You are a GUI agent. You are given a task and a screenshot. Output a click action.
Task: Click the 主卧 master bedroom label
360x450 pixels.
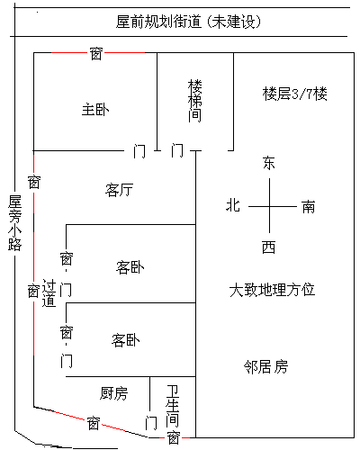point(95,110)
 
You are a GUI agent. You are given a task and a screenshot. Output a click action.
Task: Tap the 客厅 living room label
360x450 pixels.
point(119,190)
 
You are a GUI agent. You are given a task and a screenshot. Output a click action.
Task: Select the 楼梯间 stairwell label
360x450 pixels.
point(195,101)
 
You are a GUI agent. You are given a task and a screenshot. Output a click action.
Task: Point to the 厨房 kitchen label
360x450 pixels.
point(113,393)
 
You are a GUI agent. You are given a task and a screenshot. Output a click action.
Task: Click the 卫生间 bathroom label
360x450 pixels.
point(173,406)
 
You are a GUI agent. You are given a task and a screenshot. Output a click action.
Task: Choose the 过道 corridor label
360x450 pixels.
point(49,293)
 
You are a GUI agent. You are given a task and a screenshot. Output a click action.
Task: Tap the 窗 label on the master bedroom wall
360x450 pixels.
point(96,54)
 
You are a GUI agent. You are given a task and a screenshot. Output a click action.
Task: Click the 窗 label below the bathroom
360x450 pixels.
point(174,437)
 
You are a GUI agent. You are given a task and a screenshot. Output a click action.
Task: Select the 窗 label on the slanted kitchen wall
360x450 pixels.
point(94,423)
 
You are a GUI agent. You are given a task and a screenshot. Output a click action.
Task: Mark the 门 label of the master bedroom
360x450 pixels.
point(139,150)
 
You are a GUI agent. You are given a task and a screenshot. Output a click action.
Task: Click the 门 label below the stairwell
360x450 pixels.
point(177,150)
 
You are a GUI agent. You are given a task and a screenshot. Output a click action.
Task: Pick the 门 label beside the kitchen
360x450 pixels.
point(151,422)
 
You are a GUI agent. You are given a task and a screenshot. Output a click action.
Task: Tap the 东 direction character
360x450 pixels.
point(269,163)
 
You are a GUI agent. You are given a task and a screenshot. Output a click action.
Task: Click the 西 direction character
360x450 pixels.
point(268,247)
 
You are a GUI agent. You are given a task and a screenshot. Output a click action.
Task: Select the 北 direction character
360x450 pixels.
point(233,205)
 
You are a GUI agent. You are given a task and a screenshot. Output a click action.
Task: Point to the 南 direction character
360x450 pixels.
point(309,207)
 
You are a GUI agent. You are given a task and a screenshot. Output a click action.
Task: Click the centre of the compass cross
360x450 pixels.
point(269,206)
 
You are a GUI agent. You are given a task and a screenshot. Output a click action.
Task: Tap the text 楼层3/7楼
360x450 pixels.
point(294,94)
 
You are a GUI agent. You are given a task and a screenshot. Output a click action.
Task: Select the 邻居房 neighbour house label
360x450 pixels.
point(265,366)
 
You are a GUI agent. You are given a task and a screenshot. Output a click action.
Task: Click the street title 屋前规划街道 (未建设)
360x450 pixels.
point(189,22)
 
